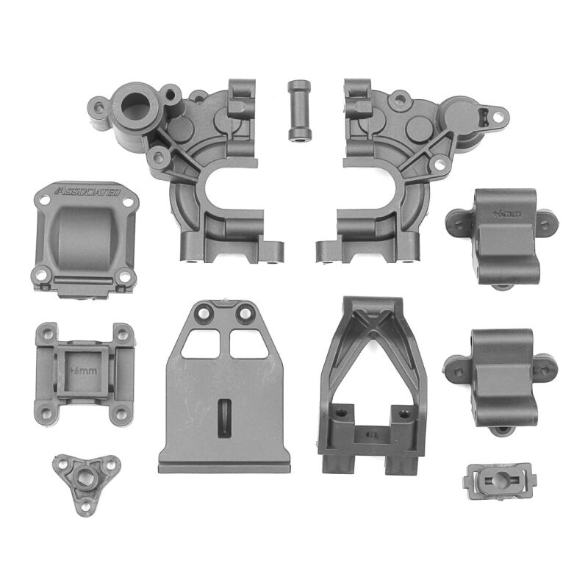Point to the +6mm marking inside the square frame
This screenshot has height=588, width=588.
[x=82, y=370]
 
